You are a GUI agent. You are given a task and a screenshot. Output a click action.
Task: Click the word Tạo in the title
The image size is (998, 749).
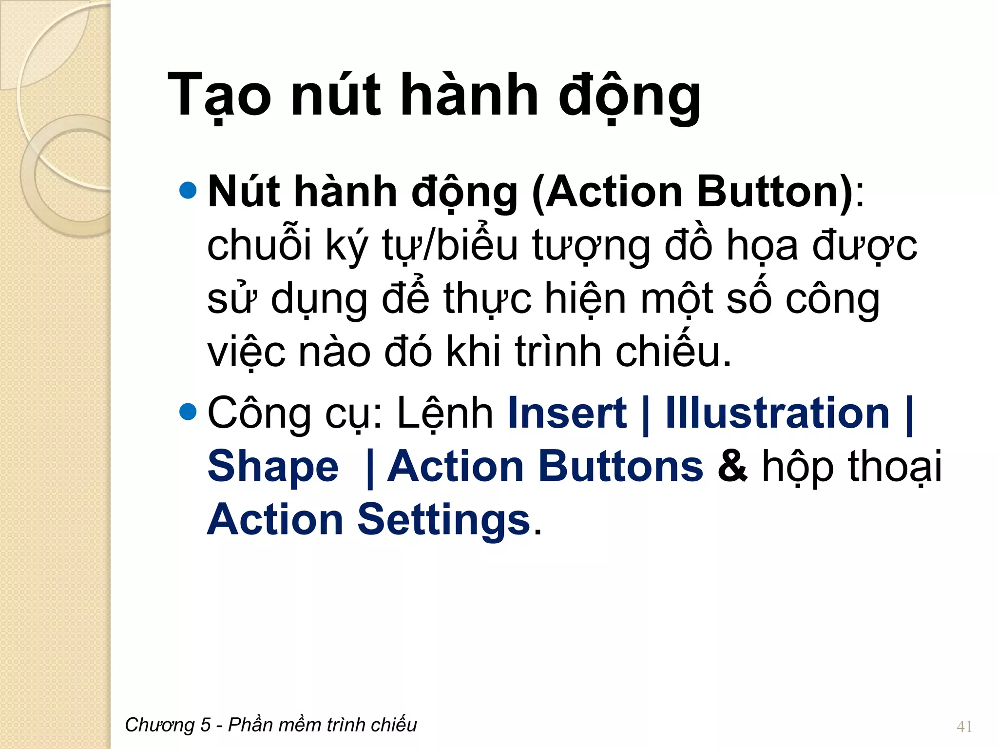[x=219, y=95]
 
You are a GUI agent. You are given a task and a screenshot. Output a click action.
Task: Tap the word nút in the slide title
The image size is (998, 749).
[x=336, y=95]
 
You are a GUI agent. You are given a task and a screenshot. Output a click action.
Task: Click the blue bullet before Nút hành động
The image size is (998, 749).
[x=188, y=191]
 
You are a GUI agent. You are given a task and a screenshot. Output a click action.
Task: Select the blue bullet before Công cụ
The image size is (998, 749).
[x=188, y=412]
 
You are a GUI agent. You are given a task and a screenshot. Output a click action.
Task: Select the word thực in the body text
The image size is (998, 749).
[x=487, y=298]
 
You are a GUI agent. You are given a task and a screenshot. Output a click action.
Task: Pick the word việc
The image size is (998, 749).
[x=246, y=352]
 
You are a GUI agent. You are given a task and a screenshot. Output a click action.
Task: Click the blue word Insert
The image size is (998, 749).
[x=567, y=413]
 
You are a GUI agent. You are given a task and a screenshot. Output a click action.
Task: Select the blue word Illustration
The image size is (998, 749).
[x=778, y=413]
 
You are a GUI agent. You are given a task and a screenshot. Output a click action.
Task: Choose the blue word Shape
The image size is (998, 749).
[x=273, y=467]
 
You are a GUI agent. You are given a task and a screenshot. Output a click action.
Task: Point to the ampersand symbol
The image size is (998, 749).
[x=732, y=466]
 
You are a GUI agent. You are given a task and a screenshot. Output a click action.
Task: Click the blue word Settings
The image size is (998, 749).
[x=443, y=520]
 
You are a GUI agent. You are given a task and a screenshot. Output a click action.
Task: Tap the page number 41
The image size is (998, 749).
[x=964, y=727]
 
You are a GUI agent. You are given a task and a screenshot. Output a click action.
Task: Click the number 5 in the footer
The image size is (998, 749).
[x=205, y=725]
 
